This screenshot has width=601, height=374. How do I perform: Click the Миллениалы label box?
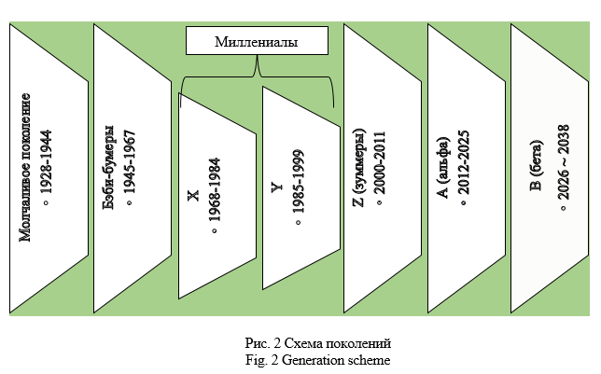pyautogui.click(x=258, y=43)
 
